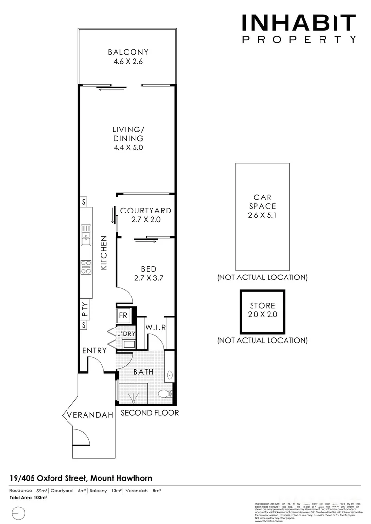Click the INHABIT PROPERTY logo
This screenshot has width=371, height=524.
pos(299,29)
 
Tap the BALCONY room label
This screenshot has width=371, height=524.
pos(128,52)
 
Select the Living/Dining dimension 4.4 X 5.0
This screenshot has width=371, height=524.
pos(128,147)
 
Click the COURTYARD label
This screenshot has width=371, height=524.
pos(146,211)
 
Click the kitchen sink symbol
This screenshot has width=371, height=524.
pos(86,233)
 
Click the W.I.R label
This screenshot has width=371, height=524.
pos(155,327)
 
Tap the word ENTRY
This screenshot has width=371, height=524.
pos(94,351)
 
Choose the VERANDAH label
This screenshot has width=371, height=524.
pos(90,415)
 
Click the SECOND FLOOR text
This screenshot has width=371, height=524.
pos(150,413)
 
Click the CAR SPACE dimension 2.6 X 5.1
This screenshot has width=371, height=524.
pos(262,215)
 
